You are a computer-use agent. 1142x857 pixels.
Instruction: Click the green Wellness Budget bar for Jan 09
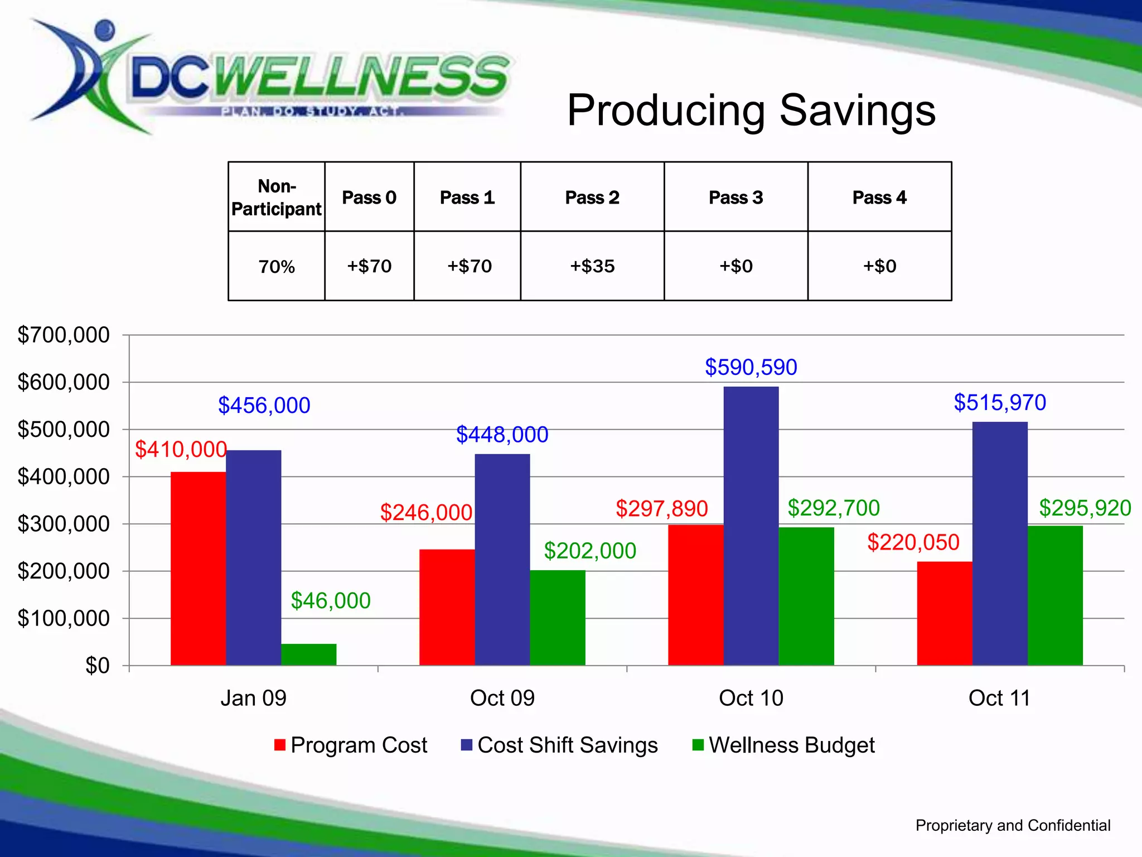(308, 654)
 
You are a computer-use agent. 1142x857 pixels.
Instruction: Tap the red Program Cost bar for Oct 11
(944, 613)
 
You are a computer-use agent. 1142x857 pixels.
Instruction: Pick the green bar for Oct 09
(557, 618)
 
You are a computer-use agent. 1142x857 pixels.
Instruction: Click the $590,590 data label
(751, 367)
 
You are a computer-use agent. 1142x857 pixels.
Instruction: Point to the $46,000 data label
(330, 601)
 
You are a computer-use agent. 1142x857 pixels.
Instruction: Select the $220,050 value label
(913, 542)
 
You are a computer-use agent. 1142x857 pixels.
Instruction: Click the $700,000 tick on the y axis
(64, 335)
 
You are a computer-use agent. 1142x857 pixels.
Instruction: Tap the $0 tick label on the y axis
(97, 666)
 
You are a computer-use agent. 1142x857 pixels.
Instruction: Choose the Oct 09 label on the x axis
(502, 698)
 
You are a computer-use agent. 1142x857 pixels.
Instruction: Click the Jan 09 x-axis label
(253, 698)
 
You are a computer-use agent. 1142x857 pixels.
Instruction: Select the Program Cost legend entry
(351, 745)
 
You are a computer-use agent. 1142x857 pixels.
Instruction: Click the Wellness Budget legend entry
(783, 745)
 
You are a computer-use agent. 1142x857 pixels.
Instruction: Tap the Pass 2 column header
(592, 198)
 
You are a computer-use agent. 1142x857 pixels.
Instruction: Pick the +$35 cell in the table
(592, 266)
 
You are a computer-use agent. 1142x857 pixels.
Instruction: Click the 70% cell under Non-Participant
(277, 267)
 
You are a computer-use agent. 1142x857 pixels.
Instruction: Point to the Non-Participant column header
(277, 198)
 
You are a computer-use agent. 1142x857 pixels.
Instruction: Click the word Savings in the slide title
(857, 110)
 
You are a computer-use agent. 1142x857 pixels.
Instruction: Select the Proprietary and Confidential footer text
(1013, 825)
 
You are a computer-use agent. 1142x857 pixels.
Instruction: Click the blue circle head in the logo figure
(104, 28)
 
